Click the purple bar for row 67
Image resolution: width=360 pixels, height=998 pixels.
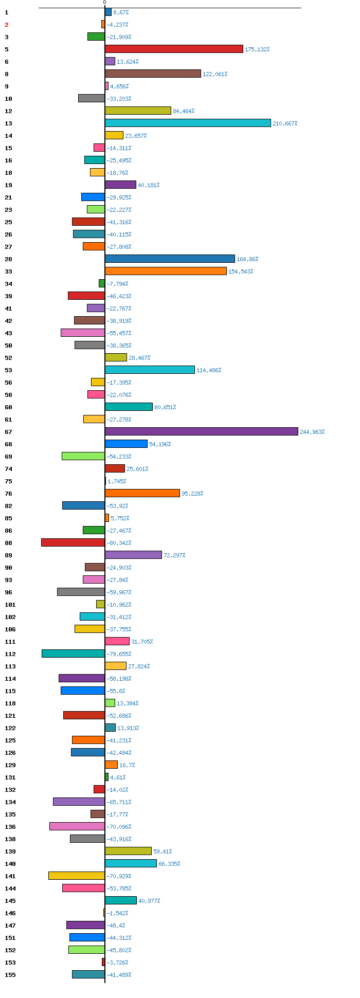[x=202, y=431]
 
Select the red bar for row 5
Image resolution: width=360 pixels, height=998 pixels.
[x=174, y=49]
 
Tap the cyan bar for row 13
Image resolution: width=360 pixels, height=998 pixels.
[x=188, y=123]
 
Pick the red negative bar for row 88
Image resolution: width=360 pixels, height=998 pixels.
[x=73, y=542]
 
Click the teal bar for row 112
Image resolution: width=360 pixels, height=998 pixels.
[x=73, y=654]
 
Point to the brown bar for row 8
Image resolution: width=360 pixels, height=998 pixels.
[x=153, y=74]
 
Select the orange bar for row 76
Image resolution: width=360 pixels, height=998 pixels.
[x=142, y=493]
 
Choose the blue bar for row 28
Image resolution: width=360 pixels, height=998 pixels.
[x=170, y=259]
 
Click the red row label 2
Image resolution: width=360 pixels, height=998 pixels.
[x=7, y=25]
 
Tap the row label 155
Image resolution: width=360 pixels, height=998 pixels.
[x=10, y=975]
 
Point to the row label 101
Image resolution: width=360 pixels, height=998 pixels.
[x=10, y=605]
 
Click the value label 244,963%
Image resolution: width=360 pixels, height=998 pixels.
[x=312, y=432]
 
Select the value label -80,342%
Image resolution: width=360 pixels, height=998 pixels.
[x=119, y=543]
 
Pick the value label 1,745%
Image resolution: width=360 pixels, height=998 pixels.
[x=117, y=481]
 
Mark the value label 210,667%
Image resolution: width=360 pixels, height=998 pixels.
[x=285, y=123]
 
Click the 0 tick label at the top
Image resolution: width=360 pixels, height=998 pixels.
[x=104, y=3]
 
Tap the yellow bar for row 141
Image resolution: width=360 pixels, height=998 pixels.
[x=77, y=876]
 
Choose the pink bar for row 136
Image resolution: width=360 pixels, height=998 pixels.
[x=77, y=826]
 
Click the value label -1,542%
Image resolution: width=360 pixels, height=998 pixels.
[x=117, y=913]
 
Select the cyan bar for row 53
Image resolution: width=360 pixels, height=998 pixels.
[x=150, y=370]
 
